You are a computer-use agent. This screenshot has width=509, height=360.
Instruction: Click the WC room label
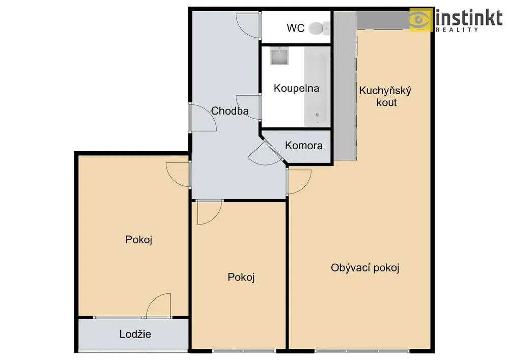295,28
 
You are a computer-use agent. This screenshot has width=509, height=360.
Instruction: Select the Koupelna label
296,88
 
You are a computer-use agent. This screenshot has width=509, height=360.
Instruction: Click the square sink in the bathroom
279,56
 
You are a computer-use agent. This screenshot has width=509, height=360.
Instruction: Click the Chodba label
230,111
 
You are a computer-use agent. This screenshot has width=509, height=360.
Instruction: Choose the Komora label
303,146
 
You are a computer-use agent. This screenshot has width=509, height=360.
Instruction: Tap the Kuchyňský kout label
385,96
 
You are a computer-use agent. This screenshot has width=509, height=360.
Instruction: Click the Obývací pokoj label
365,268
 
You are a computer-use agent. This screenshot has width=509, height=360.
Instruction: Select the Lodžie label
135,334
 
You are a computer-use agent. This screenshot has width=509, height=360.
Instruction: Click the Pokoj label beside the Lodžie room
138,240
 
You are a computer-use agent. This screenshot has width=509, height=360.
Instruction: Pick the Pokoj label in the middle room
241,277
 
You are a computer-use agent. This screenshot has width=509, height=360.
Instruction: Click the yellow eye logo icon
421,19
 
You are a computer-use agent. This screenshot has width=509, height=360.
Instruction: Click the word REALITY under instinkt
457,30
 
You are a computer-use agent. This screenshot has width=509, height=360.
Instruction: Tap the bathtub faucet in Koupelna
317,115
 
